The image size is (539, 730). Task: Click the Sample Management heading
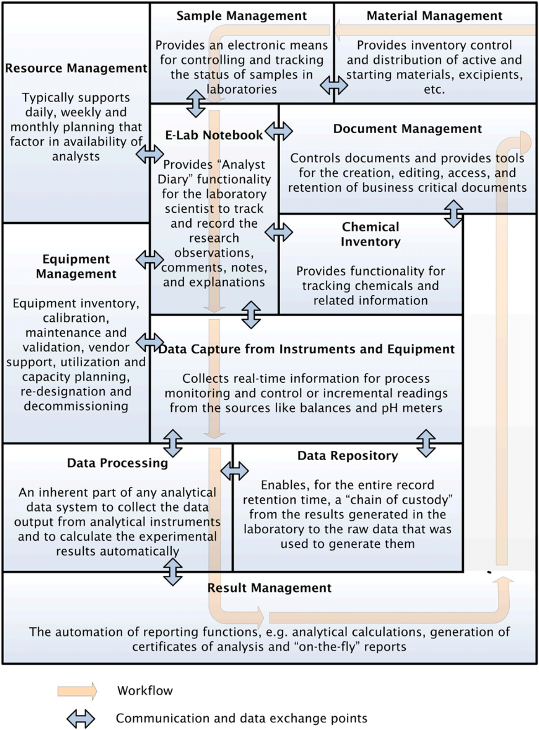[x=241, y=16]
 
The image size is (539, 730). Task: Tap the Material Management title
[x=435, y=16]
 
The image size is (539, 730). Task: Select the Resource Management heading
[x=76, y=68]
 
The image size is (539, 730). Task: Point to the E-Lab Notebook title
[x=214, y=135]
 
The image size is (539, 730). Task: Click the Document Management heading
[x=407, y=129]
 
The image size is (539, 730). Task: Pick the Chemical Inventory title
[x=371, y=234]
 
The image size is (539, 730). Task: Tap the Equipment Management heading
[x=76, y=266]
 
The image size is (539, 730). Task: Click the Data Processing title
[x=118, y=463]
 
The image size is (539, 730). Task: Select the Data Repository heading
[x=348, y=456]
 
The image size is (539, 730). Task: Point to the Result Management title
[x=269, y=588]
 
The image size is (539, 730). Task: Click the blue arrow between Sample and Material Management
[x=334, y=85]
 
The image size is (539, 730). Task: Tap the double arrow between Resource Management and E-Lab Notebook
[x=149, y=154]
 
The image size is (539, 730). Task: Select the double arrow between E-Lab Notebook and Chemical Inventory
[x=279, y=232]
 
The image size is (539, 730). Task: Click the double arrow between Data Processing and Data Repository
[x=234, y=471]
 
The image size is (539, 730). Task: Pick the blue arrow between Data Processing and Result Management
[x=173, y=572]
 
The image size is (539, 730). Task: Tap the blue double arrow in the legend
[x=81, y=719]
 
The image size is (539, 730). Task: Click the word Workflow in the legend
[x=145, y=691]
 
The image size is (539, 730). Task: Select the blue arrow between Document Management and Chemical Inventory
[x=454, y=214]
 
